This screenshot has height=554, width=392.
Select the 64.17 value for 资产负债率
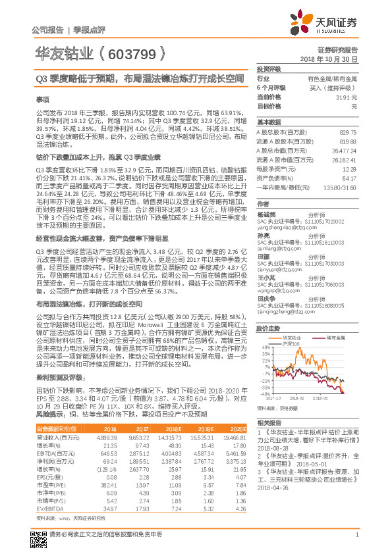coord(349,178)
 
